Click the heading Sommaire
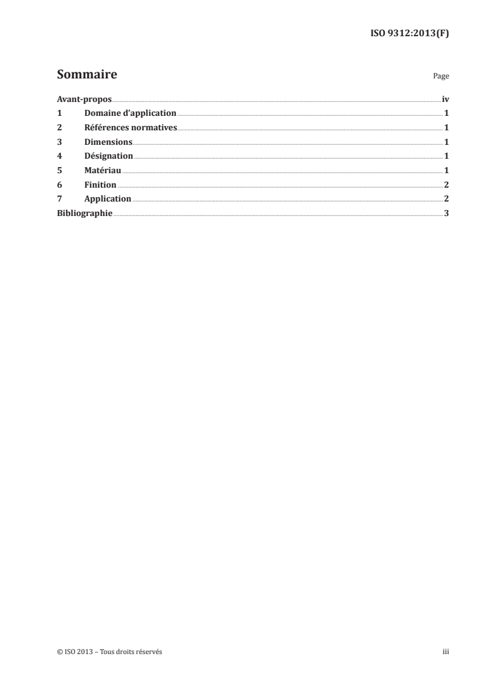click(x=87, y=75)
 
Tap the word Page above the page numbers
click(x=441, y=77)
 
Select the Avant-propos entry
click(x=84, y=99)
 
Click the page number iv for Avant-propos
click(x=445, y=99)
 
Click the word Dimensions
click(x=108, y=142)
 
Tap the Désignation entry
click(x=109, y=156)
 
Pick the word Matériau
click(x=103, y=170)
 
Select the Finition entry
click(x=100, y=185)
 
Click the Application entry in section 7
click(x=108, y=199)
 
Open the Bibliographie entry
click(x=85, y=213)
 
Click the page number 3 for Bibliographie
click(x=446, y=213)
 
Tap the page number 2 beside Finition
click(x=446, y=185)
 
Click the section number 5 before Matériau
click(x=59, y=170)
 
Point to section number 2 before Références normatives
click(x=59, y=127)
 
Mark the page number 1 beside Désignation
click(x=446, y=156)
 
